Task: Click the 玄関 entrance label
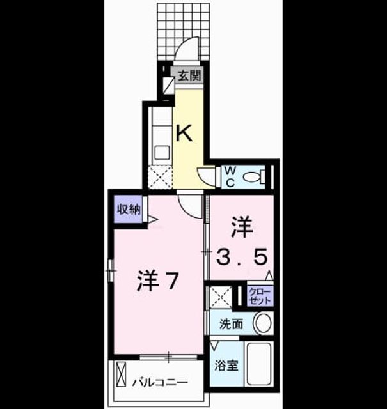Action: click(x=189, y=76)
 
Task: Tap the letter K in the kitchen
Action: click(x=184, y=133)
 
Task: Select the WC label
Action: click(x=230, y=177)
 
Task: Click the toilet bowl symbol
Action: click(x=254, y=177)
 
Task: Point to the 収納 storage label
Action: click(x=129, y=209)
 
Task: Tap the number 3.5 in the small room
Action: click(x=242, y=256)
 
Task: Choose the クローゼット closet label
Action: click(x=260, y=296)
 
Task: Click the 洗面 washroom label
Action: click(x=231, y=324)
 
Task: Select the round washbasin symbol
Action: click(x=263, y=323)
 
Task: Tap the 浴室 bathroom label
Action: click(x=226, y=366)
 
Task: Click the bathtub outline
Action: click(x=259, y=364)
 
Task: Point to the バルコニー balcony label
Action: click(x=159, y=383)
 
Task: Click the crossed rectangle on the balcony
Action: click(x=121, y=374)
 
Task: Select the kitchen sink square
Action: click(x=162, y=153)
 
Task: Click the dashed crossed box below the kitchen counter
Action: click(x=160, y=176)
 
